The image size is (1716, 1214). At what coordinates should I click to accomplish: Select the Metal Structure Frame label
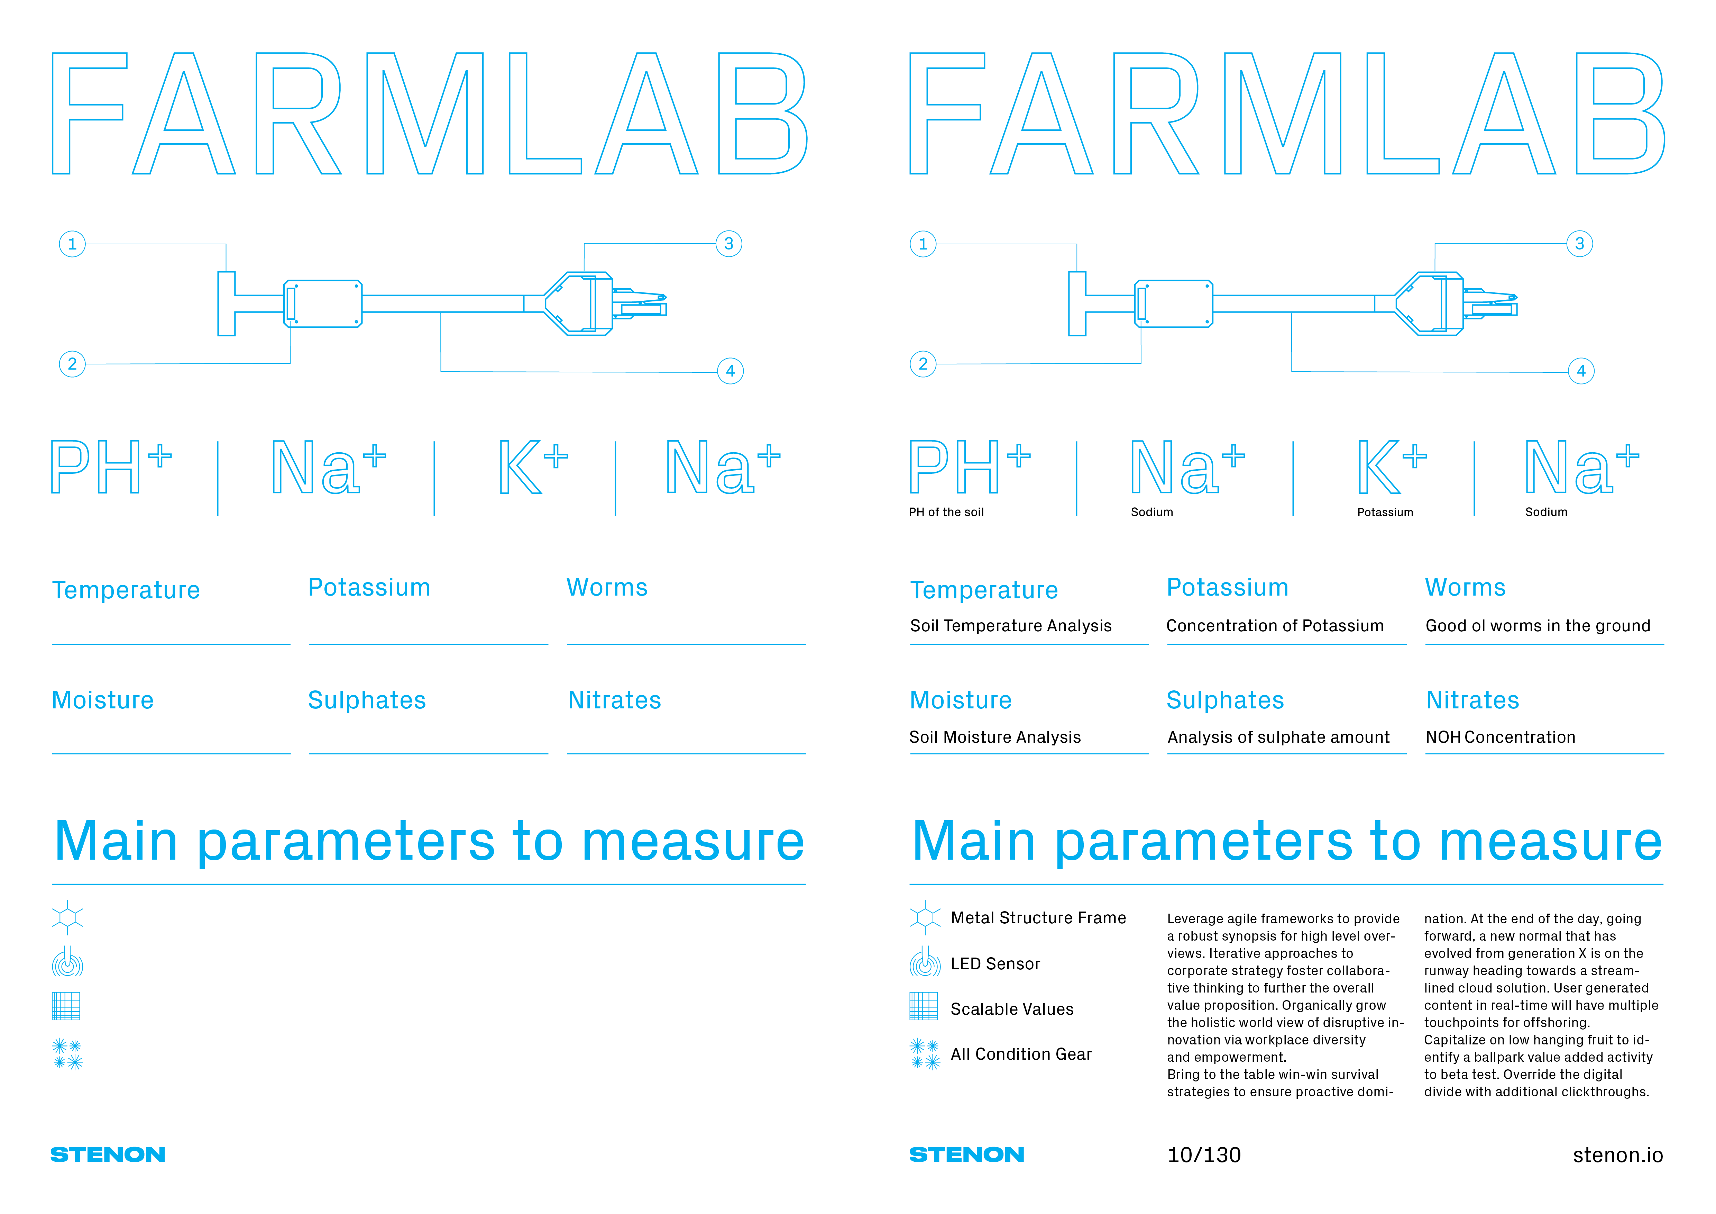(1038, 918)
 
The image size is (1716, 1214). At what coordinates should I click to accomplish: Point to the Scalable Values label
(1012, 1009)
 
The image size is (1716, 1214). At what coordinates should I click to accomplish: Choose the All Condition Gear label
(1021, 1054)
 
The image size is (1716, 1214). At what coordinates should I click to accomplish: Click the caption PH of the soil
(946, 512)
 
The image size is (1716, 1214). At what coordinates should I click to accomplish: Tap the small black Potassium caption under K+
(1385, 512)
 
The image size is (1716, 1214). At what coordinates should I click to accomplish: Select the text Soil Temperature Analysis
(1010, 626)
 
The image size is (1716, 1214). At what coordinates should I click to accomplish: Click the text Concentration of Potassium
(1275, 626)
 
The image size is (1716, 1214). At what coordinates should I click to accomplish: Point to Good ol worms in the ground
(1538, 626)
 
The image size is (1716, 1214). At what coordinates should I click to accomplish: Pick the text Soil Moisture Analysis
(995, 737)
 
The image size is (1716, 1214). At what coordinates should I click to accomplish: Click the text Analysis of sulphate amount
(1278, 737)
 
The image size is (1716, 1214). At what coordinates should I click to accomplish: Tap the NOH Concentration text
(1500, 737)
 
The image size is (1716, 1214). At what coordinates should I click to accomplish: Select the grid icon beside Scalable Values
(924, 1006)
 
